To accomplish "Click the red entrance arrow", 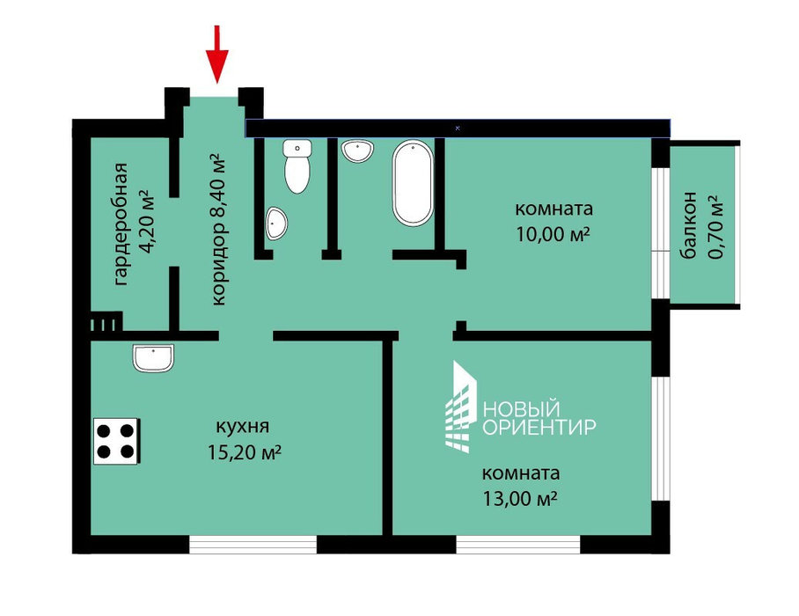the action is pyautogui.click(x=217, y=54).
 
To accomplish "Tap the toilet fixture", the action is pyautogui.click(x=297, y=166).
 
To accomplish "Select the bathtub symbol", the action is pyautogui.click(x=413, y=183).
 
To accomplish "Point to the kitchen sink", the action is pyautogui.click(x=153, y=357).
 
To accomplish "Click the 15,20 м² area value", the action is pyautogui.click(x=245, y=452).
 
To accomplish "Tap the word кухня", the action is pyautogui.click(x=243, y=427).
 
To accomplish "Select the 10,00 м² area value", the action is pyautogui.click(x=553, y=234).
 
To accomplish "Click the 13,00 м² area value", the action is pyautogui.click(x=519, y=498).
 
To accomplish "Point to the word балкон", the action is pyautogui.click(x=688, y=225).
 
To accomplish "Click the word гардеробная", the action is pyautogui.click(x=121, y=224).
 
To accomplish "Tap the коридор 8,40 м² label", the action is pyautogui.click(x=218, y=229).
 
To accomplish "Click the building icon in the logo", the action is pyautogui.click(x=461, y=407).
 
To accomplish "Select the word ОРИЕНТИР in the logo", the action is pyautogui.click(x=539, y=427).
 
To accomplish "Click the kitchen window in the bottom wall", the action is pyautogui.click(x=253, y=544).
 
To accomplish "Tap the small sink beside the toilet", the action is pyautogui.click(x=276, y=224).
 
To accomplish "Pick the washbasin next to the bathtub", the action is pyautogui.click(x=358, y=151).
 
